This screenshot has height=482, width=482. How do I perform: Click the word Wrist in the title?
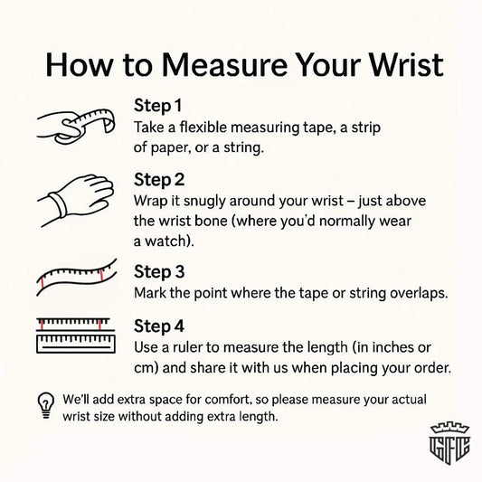click(x=406, y=65)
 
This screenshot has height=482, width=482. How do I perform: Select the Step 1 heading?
click(x=157, y=106)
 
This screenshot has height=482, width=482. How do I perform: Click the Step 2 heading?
click(x=159, y=180)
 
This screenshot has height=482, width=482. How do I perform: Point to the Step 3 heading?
click(x=159, y=272)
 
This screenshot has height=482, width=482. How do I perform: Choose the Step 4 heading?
click(x=159, y=326)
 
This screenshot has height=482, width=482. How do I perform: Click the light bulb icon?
click(x=46, y=406)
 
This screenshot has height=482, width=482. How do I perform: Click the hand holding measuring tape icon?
click(x=76, y=126)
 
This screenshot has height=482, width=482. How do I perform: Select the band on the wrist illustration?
click(x=59, y=204)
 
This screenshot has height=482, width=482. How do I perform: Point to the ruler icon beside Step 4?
click(x=76, y=336)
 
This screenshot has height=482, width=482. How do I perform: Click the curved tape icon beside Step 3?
click(x=77, y=278)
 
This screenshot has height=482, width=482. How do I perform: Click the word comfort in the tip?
click(x=226, y=400)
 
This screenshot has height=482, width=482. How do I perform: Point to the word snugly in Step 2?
click(x=204, y=202)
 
